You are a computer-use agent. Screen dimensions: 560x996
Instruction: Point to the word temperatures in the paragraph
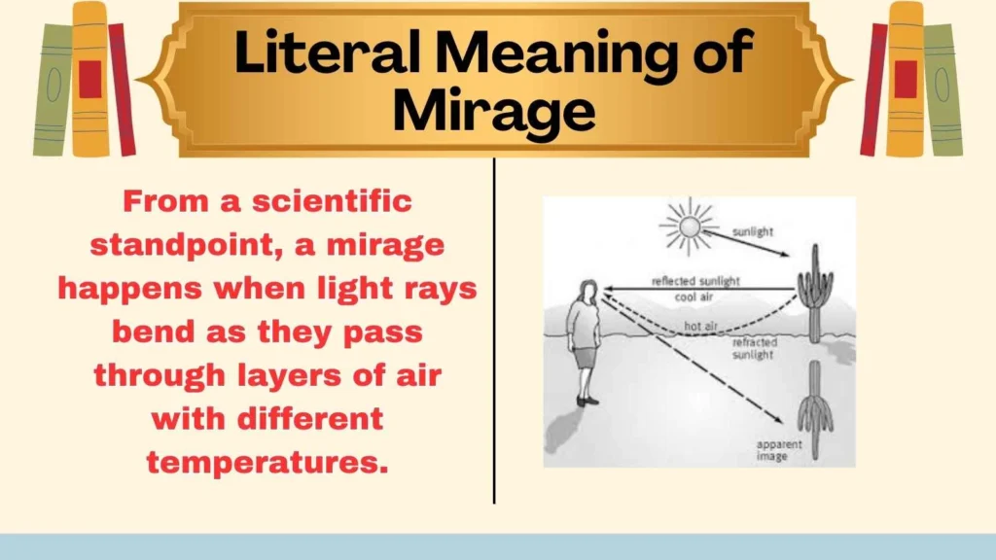click(x=267, y=462)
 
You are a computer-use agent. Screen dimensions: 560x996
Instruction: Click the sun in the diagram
click(x=688, y=227)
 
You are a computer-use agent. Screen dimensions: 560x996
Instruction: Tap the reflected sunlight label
click(x=694, y=282)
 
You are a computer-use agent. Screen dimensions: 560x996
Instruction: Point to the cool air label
click(x=695, y=297)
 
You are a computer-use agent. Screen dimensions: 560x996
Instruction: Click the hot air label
click(x=700, y=326)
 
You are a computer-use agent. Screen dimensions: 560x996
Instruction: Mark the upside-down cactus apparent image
click(x=814, y=408)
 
